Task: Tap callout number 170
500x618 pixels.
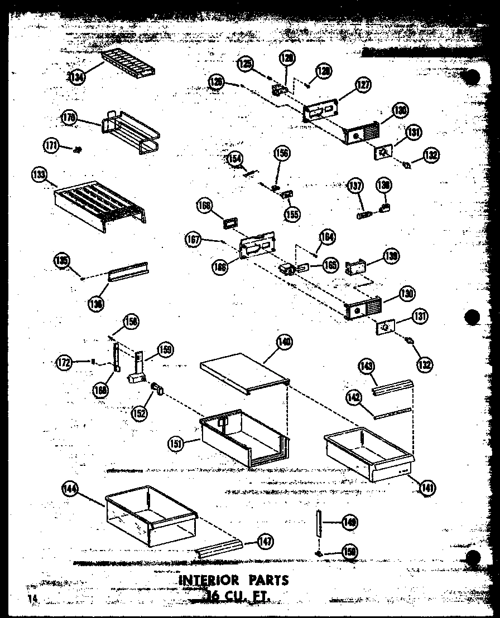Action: pos(69,118)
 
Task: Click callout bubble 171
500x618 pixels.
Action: pos(51,145)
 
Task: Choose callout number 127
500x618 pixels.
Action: pos(363,85)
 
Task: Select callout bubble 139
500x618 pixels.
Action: pos(391,256)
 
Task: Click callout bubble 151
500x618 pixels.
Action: pos(176,443)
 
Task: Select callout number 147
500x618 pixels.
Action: pos(265,540)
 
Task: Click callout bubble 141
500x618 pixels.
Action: pos(428,488)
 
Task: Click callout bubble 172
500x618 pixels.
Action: pos(65,363)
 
